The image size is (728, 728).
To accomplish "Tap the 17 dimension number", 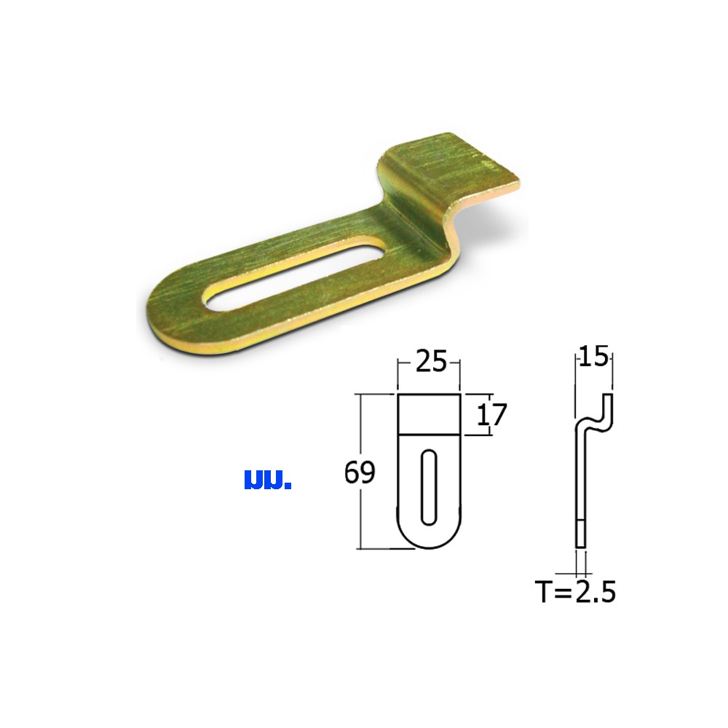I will point(492,415).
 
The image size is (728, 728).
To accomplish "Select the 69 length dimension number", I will point(360,473).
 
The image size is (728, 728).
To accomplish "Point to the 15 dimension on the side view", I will point(594,357).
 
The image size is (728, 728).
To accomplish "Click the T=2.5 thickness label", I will point(574,593).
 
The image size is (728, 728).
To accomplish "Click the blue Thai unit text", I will point(268,481).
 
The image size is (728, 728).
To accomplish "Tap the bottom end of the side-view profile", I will point(580,544).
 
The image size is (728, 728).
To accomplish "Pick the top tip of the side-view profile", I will point(607,397).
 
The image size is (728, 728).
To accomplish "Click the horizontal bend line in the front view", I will point(430,434).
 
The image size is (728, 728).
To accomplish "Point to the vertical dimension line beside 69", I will point(361,510).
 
